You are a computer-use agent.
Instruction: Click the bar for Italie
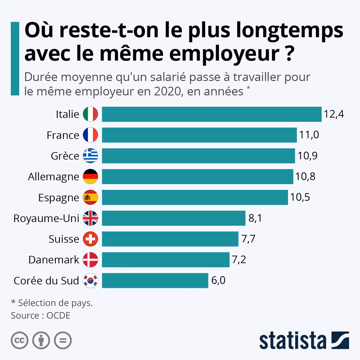(x=211, y=114)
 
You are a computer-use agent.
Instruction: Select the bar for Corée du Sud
(x=155, y=280)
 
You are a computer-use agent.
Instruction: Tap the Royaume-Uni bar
(x=173, y=218)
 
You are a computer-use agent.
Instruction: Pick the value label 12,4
(x=334, y=114)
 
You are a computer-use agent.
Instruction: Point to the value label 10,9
(x=307, y=156)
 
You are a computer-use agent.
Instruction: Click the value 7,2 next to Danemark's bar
(x=239, y=259)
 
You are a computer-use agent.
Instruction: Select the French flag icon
(x=90, y=135)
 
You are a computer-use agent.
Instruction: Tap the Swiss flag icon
(x=90, y=239)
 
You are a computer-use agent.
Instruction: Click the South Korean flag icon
(x=90, y=280)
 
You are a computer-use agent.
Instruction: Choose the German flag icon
(x=90, y=176)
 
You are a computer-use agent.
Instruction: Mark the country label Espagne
(x=58, y=198)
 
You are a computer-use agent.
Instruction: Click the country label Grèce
(x=65, y=156)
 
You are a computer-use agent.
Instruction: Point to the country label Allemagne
(x=53, y=177)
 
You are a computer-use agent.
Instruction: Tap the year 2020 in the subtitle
(x=168, y=91)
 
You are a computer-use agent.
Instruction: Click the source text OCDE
(x=58, y=316)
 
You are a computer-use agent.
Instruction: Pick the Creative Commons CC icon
(x=19, y=340)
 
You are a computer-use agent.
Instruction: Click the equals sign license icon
(x=63, y=340)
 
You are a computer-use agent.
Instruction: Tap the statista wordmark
(x=292, y=341)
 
